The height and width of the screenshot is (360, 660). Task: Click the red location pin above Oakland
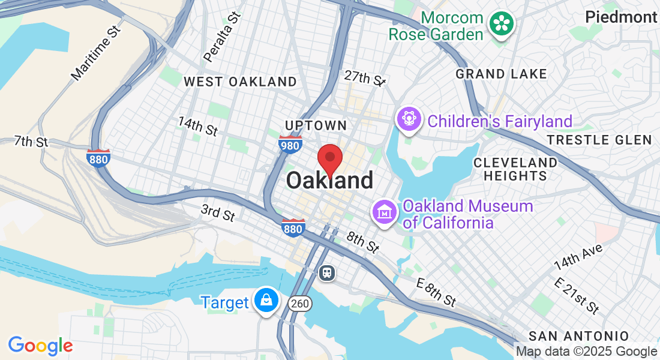click(x=329, y=158)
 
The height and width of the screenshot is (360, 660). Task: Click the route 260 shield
click(x=299, y=304)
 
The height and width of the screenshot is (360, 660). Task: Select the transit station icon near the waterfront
click(x=327, y=273)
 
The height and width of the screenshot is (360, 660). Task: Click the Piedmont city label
click(x=621, y=17)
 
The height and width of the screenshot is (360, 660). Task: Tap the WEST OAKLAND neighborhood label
click(x=240, y=82)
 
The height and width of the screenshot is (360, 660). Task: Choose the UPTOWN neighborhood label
click(x=316, y=125)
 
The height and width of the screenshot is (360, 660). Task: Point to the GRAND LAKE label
click(x=501, y=74)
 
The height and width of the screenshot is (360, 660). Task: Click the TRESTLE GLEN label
click(x=599, y=140)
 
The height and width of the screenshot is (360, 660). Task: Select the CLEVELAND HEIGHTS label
click(x=515, y=169)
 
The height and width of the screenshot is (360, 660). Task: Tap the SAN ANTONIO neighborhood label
click(x=578, y=336)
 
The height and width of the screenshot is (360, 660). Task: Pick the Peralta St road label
click(x=222, y=37)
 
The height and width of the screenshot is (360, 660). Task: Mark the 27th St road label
click(x=364, y=78)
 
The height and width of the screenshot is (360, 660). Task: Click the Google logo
click(x=40, y=346)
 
